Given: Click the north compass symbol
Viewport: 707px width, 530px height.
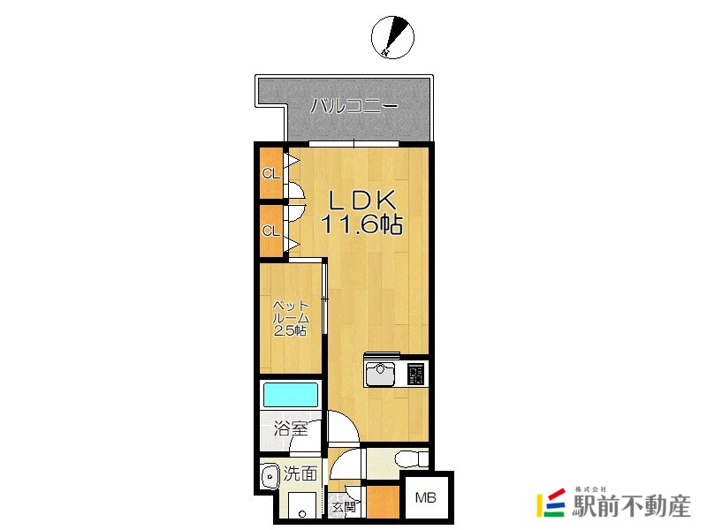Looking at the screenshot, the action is tap(392, 37).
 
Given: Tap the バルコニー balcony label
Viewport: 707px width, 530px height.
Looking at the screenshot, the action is tap(354, 106).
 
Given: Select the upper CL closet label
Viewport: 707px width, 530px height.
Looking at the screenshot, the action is tap(271, 173).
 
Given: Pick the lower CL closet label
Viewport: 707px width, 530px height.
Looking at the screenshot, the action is tap(271, 231).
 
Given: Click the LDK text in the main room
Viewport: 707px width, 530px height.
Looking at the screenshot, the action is tap(362, 201).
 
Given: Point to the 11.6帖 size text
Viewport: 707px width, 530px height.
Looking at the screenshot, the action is tap(361, 223).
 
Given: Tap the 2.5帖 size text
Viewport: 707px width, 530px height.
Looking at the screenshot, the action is tap(291, 330).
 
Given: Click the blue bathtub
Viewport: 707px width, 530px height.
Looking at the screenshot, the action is tap(291, 395).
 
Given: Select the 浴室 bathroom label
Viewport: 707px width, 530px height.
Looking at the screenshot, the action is tap(291, 428).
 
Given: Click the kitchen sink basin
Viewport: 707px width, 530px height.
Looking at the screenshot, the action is tap(381, 374).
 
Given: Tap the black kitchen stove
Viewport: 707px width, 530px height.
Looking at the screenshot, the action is tap(415, 374).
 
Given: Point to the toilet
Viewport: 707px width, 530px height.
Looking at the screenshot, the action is tap(412, 459).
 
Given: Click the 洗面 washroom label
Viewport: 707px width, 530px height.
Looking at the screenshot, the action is tap(300, 473).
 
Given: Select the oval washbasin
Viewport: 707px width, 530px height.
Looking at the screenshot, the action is tap(270, 476).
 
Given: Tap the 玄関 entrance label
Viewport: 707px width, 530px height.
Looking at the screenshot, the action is tap(345, 507).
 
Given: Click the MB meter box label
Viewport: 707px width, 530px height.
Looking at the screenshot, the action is tap(426, 497).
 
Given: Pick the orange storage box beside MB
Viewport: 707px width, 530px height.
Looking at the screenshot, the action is tap(384, 501).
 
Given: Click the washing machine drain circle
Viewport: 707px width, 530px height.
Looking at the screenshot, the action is tap(302, 514).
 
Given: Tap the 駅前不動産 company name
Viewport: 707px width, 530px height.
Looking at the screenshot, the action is tap(631, 506).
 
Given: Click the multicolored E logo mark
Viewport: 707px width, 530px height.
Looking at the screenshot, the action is tap(551, 503).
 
